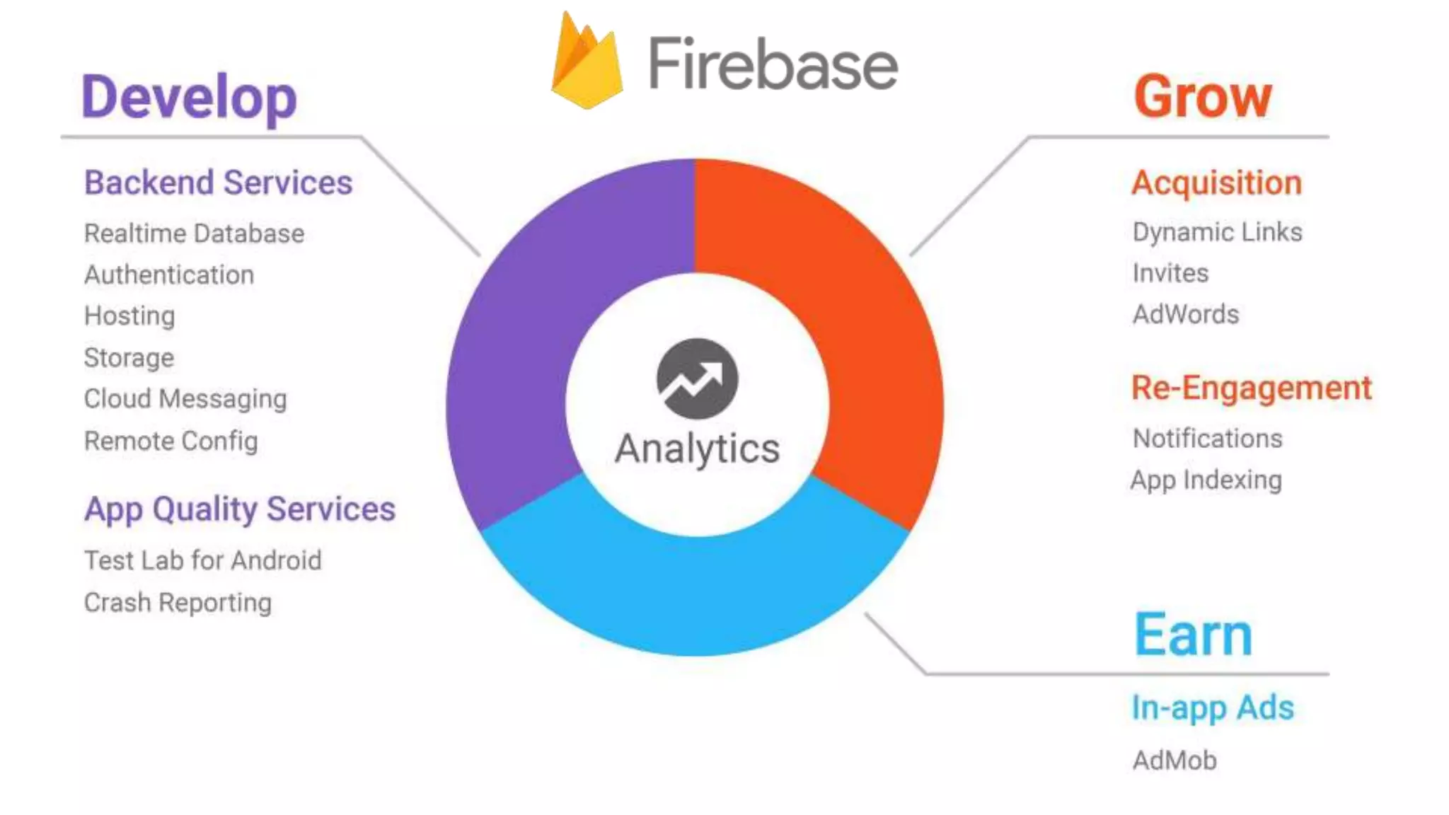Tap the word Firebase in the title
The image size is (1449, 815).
click(773, 65)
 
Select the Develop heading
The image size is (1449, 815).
click(189, 98)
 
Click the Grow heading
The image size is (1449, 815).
click(1203, 98)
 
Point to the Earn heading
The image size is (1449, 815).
click(1194, 635)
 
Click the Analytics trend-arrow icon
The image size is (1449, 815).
click(697, 378)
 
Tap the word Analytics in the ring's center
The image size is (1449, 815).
click(697, 449)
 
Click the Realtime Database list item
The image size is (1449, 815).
click(194, 233)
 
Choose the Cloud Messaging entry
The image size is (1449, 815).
click(185, 399)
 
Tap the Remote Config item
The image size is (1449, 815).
click(171, 441)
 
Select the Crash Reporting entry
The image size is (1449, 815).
click(178, 603)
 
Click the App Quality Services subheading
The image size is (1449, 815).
click(240, 509)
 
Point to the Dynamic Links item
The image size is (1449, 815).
click(1217, 232)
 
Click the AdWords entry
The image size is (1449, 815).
click(1186, 314)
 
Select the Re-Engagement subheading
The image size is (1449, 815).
click(1251, 388)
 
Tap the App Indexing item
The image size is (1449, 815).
click(1206, 480)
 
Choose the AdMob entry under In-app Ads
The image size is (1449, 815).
click(1174, 761)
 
